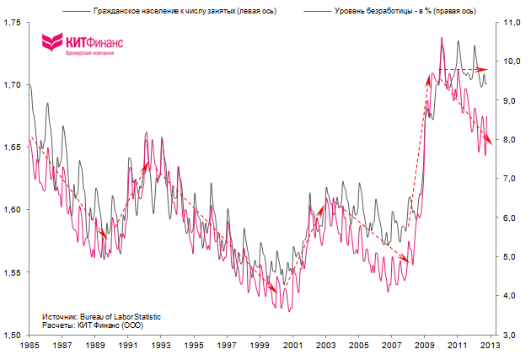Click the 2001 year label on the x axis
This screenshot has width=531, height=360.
[x=293, y=346]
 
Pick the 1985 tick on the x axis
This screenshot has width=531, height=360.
[x=29, y=346]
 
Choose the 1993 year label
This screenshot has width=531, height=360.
[x=162, y=346]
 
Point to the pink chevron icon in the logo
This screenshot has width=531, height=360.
[x=52, y=42]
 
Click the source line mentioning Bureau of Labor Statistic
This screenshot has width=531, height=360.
[x=100, y=316]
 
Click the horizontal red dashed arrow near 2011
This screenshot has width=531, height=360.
[x=460, y=69]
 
